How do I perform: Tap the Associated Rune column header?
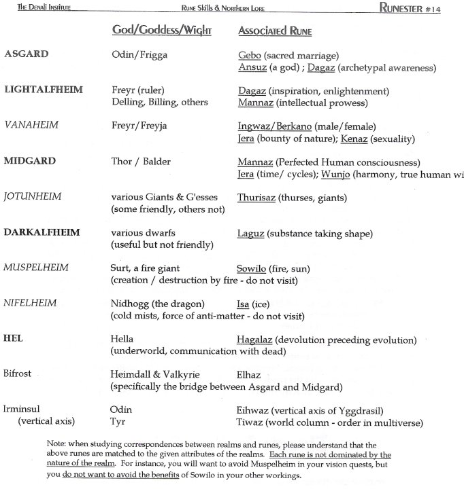[x=275, y=31]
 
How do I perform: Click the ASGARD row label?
[x=26, y=55]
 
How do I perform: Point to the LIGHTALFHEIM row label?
[x=43, y=90]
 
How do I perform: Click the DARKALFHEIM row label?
[x=42, y=232]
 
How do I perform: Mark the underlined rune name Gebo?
[x=250, y=55]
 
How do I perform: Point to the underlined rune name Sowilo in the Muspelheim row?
[x=252, y=268]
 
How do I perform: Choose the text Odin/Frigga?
[x=139, y=55]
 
